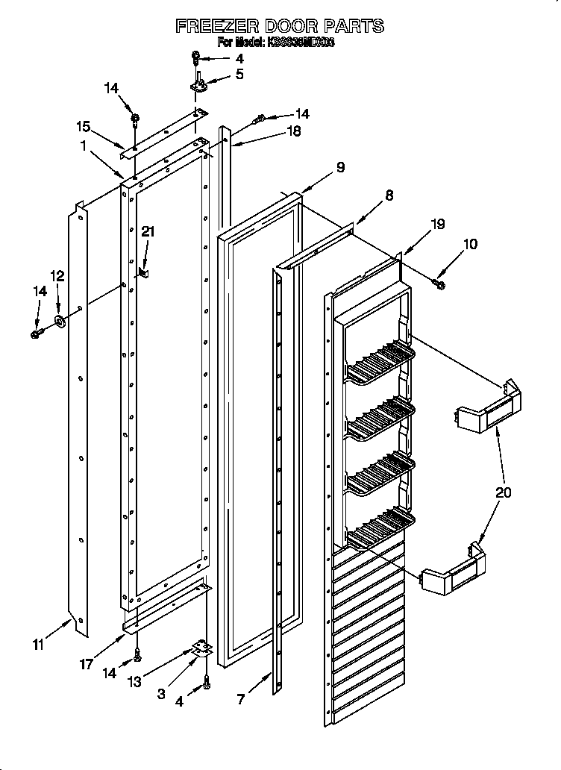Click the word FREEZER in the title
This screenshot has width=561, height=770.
point(216,26)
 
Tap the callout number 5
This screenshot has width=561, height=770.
point(239,74)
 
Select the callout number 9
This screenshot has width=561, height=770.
point(339,168)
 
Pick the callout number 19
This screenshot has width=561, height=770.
point(437,223)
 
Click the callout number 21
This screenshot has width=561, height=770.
point(148,232)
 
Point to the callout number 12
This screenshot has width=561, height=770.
point(57,275)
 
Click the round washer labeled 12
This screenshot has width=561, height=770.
point(58,322)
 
